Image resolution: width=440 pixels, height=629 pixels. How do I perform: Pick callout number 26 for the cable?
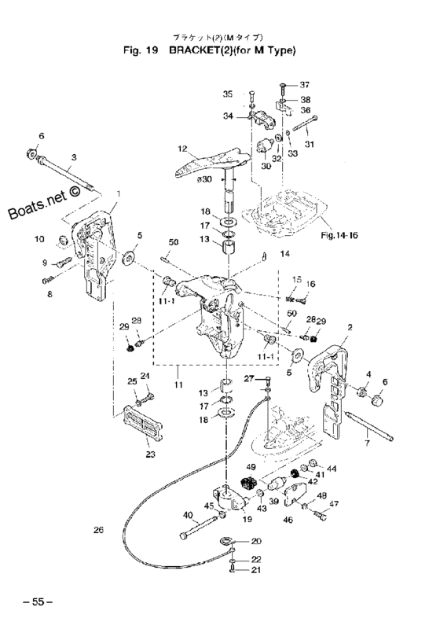98,529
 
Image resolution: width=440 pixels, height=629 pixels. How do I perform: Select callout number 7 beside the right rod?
368,445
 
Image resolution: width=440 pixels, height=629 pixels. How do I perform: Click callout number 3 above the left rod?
72,157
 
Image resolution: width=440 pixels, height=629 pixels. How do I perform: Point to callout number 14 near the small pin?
285,253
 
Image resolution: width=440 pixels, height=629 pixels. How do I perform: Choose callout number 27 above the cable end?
247,379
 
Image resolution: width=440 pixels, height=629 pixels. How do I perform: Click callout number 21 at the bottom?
256,569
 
